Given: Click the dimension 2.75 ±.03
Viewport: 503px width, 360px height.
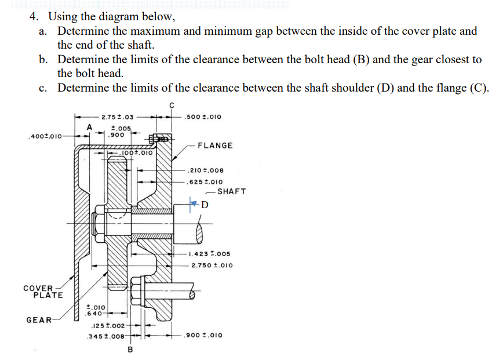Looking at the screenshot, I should [x=118, y=118].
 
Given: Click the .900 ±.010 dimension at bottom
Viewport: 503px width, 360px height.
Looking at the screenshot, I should [x=202, y=335].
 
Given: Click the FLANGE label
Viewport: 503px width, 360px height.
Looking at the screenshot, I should [x=215, y=146].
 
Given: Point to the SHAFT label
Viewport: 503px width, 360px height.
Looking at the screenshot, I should [x=232, y=191].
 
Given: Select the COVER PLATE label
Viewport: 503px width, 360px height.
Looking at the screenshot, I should [x=42, y=292].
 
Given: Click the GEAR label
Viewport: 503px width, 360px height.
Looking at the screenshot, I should [x=38, y=319].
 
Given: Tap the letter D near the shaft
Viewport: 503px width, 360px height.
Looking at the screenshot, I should [x=205, y=205].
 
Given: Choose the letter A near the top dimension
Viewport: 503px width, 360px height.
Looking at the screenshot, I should [x=89, y=126].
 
